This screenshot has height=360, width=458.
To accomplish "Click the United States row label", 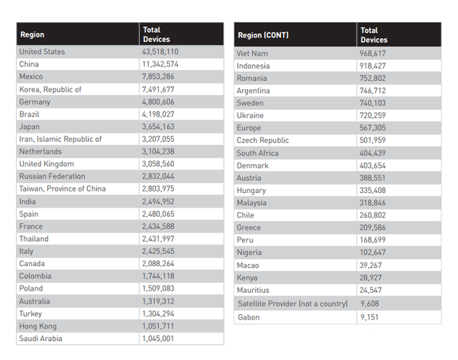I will pos(42,52).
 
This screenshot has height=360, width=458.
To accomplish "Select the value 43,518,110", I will pos(160,52).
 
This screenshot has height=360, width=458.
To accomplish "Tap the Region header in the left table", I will pos(33,35).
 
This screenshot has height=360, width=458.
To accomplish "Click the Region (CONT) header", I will pos(263,35).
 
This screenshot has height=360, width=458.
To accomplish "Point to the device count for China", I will pos(160,64).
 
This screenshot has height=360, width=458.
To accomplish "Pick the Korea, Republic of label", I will pos(50,89).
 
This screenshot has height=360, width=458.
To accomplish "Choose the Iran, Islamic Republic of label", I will pos(60,140).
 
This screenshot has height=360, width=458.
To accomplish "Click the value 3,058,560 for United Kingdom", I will pos(158,164).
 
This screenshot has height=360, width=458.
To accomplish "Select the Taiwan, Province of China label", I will pos(63,189).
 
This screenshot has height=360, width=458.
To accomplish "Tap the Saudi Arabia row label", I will pos(40,339).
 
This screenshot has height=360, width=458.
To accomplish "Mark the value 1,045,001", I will pos(158,339).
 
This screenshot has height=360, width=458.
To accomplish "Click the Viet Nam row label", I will pos(253,53).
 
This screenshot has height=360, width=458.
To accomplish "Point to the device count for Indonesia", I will pos(374,66).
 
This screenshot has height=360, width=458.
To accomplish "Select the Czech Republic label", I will pos(263,141).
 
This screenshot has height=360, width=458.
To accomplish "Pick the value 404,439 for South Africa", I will pos(374,153).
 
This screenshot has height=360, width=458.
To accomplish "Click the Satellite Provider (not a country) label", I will pos(292,303).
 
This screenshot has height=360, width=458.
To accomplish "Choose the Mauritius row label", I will pos(254,291).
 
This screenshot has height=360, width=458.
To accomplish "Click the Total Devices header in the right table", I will pos(373,35).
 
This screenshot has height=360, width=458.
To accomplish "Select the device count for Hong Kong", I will pos(158,326).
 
